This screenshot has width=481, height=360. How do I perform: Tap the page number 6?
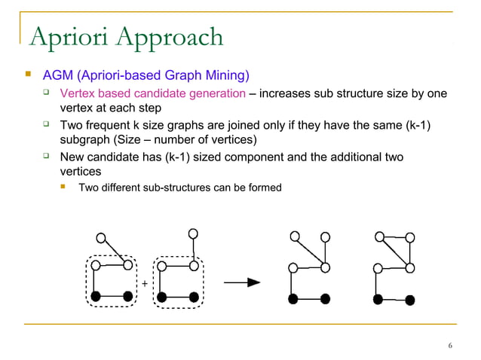(449, 346)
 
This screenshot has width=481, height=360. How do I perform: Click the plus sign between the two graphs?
(144, 284)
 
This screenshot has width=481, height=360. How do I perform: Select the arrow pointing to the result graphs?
(243, 282)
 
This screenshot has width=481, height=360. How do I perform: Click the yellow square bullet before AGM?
(28, 75)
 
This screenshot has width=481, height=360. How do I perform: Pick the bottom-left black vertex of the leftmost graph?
(96, 296)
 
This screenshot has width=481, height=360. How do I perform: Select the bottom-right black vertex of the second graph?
(194, 296)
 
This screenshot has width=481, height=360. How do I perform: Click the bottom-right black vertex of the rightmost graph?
(409, 300)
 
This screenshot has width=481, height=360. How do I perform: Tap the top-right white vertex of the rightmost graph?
(410, 236)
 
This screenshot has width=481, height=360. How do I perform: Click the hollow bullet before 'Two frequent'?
(46, 124)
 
